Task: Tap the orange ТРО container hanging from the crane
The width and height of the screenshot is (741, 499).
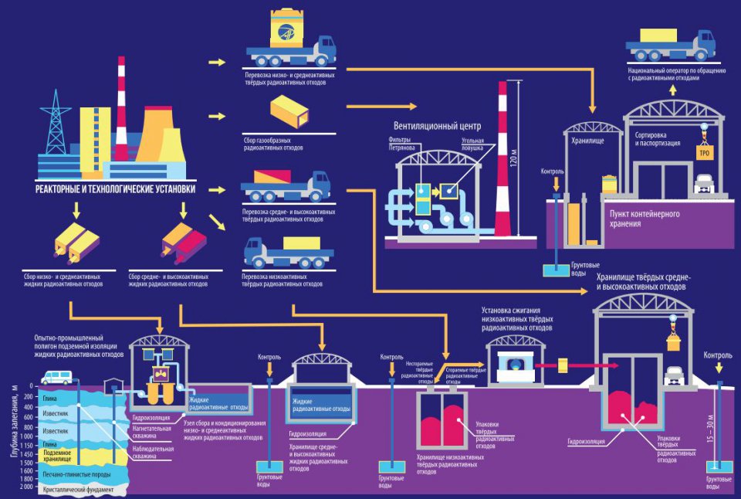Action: [705, 153]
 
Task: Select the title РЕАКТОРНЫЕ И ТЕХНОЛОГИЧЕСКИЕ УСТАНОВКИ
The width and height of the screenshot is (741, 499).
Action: [116, 188]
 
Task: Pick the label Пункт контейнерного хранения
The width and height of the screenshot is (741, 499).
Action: [644, 219]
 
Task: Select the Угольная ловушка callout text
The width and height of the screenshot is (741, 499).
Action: [472, 145]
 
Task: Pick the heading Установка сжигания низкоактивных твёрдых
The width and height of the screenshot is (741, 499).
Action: [517, 320]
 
